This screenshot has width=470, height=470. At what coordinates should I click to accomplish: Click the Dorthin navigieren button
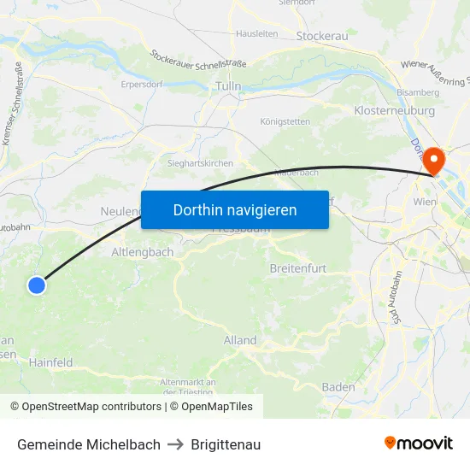point(234,209)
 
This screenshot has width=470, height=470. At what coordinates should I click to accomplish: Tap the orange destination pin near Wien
point(433,159)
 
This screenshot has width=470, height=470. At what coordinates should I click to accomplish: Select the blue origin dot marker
point(37,285)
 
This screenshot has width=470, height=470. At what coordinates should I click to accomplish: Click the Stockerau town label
point(321,37)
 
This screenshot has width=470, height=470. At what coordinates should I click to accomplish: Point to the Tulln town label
point(228,86)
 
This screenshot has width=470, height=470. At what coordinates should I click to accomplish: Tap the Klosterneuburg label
point(394,111)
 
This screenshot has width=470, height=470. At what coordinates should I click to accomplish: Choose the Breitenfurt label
point(297,268)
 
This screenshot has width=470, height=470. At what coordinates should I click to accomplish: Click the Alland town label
point(239,340)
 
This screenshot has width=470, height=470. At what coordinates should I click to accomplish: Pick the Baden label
point(338,387)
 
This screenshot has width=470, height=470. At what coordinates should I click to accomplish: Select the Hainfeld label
point(50,362)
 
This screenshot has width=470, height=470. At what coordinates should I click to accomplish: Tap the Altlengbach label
point(143,252)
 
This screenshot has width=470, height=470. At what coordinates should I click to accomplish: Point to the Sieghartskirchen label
point(200,162)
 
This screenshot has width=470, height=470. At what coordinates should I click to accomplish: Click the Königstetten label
point(285,121)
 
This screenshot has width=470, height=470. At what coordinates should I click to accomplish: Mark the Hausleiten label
point(256,33)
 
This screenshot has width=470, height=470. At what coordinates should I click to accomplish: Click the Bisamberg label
point(417,92)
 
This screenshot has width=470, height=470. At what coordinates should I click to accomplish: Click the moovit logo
point(418,444)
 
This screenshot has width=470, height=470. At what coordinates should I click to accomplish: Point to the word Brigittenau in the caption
point(226,444)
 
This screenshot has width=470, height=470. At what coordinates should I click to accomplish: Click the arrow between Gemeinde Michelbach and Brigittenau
point(175,444)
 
